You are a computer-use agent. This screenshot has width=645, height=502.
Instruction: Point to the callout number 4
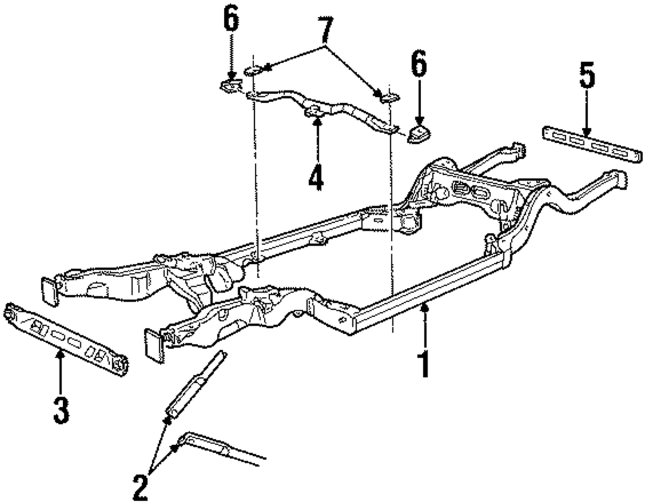[x=315, y=176]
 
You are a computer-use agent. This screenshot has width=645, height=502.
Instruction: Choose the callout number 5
[x=586, y=79]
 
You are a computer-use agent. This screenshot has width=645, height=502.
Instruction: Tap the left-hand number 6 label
[x=231, y=21]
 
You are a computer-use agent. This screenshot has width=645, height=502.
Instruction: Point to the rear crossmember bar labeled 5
[x=592, y=146]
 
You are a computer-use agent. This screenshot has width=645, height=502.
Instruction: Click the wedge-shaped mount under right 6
[x=419, y=135]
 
